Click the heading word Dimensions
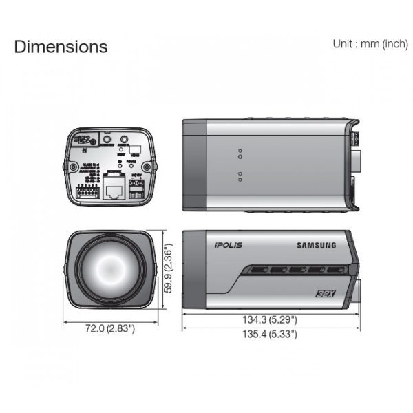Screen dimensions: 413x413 click(x=61, y=47)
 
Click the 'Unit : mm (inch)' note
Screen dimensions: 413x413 click(x=370, y=43)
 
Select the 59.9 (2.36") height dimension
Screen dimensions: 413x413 click(x=167, y=271)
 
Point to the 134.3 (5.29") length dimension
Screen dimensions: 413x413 click(x=269, y=319)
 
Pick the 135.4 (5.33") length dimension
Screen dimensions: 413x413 click(x=269, y=334)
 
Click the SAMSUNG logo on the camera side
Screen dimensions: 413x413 click(x=316, y=244)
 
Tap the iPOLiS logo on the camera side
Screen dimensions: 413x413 click(x=229, y=244)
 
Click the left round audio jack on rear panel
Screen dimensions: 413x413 click(x=106, y=140)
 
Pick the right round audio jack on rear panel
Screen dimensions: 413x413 click(x=125, y=140)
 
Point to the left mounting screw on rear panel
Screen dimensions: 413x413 click(x=72, y=166)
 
